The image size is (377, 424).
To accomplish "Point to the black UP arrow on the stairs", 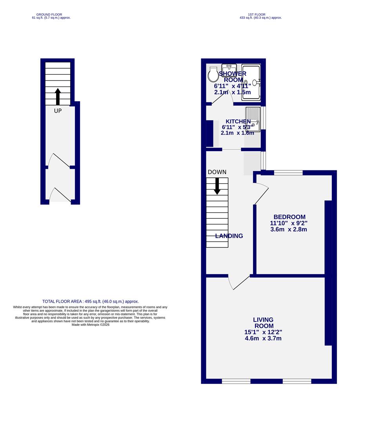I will coord(58,96).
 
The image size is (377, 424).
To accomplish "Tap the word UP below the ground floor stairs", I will coord(58,111).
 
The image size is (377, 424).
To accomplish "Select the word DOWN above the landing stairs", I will coord(217,172).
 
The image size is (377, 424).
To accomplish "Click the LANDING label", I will coord(229,236).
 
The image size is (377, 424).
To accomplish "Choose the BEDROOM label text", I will coord(290,217).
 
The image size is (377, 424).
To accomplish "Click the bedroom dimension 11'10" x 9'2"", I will coord(289,223).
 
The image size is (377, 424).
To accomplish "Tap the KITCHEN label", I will coord(238,122).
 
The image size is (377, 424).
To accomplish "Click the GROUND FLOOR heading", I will coord(47,15).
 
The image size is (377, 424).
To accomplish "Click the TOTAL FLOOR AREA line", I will coord(91,302).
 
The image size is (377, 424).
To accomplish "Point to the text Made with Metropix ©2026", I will coord(91,325).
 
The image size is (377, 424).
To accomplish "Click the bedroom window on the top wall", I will coord(288,172).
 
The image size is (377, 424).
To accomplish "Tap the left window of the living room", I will coord(236,381).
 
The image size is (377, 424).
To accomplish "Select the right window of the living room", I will coord(297,381).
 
